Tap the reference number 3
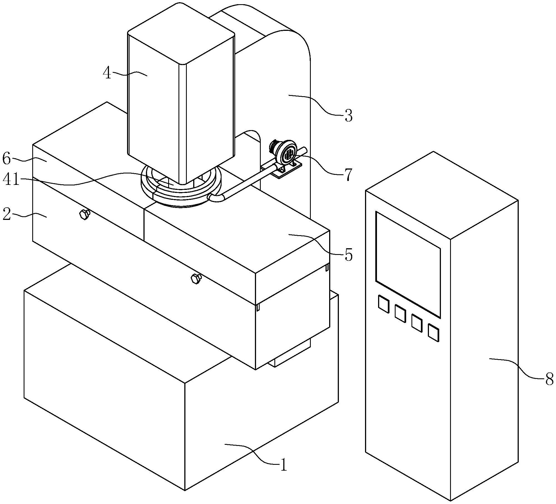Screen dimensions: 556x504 [x=348, y=116]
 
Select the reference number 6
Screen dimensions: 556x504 [x=7, y=159]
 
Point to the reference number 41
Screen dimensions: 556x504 [x=11, y=180]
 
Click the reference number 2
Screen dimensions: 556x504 [x=7, y=215]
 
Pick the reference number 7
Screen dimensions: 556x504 [x=348, y=175]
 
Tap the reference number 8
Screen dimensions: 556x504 [x=549, y=379]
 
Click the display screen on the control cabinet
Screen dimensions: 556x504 [x=408, y=264]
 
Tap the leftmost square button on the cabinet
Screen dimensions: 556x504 [x=383, y=304]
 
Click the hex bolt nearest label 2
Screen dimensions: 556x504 [x=85, y=214]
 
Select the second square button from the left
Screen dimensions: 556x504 [x=400, y=314]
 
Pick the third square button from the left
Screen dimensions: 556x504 [x=417, y=323]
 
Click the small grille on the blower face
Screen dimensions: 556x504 [x=289, y=154]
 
